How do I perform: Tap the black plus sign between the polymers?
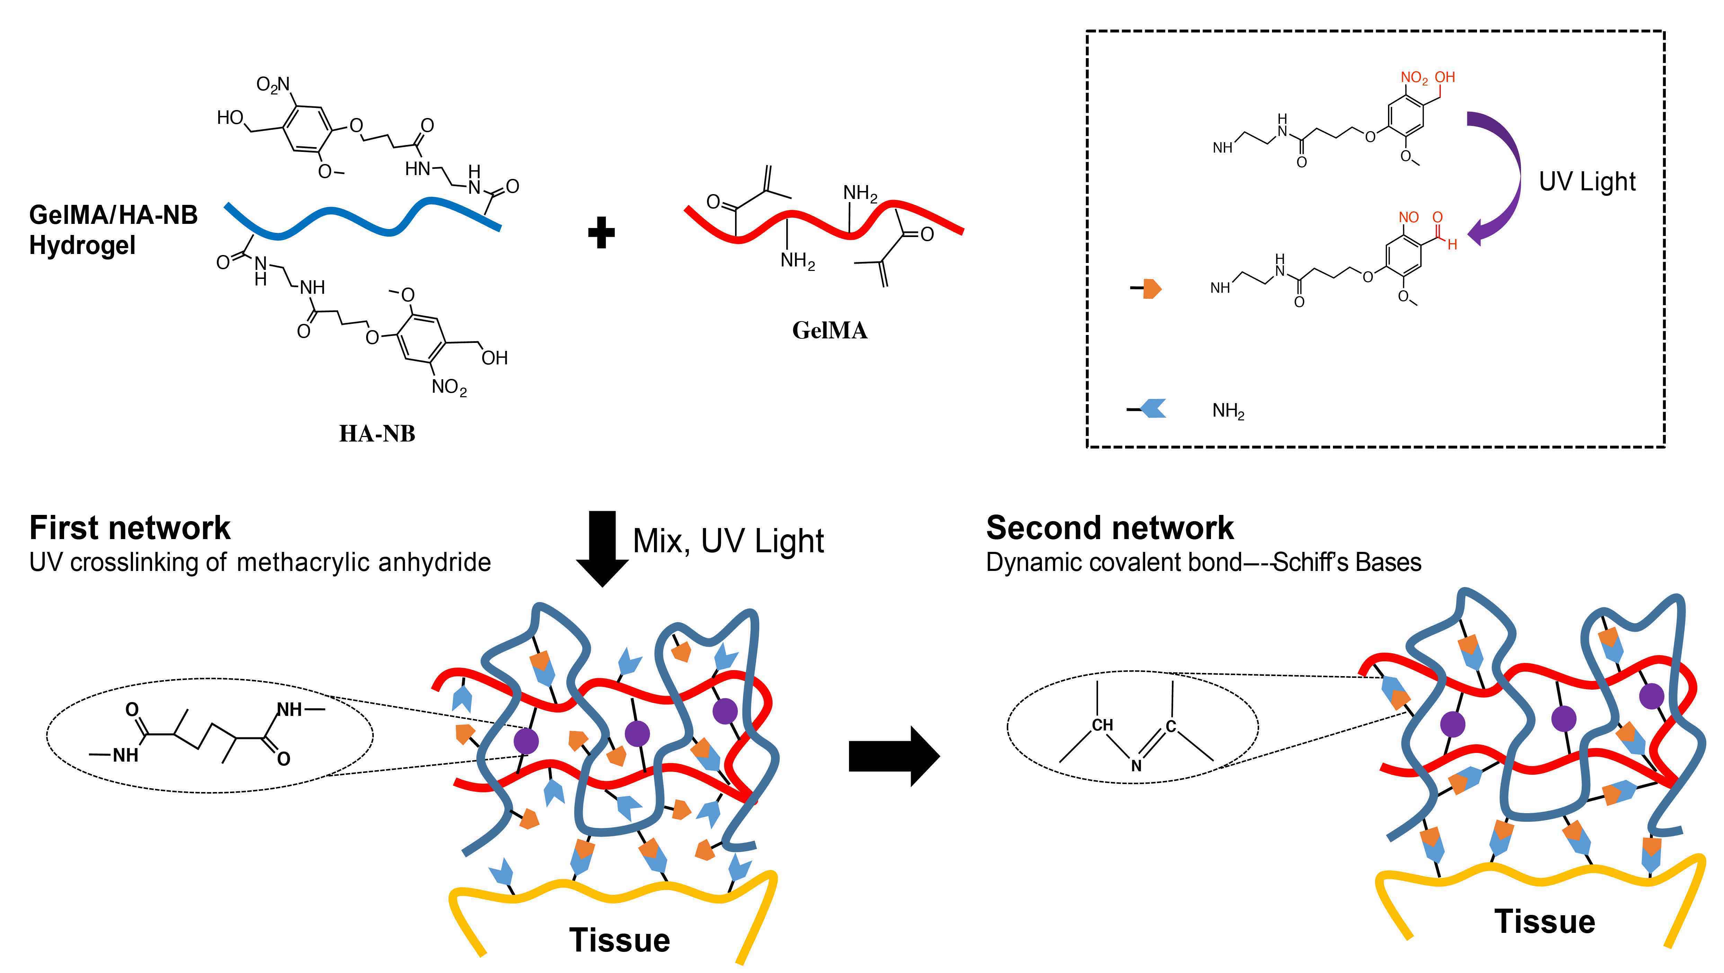(x=601, y=233)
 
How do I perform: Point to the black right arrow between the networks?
(x=893, y=756)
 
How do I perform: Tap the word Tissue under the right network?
(x=1545, y=921)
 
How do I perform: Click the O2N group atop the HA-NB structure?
(x=273, y=85)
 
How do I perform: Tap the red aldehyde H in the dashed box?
(x=1452, y=245)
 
